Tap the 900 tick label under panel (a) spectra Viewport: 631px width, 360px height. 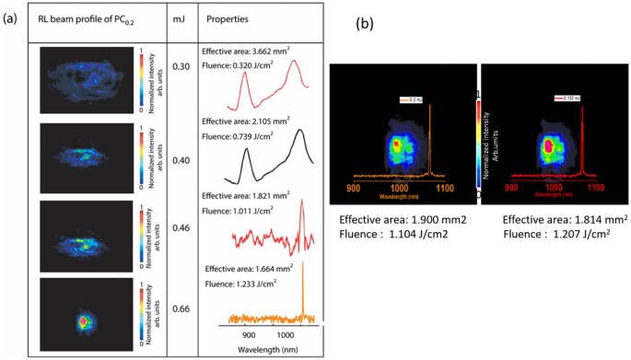click(x=241, y=337)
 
